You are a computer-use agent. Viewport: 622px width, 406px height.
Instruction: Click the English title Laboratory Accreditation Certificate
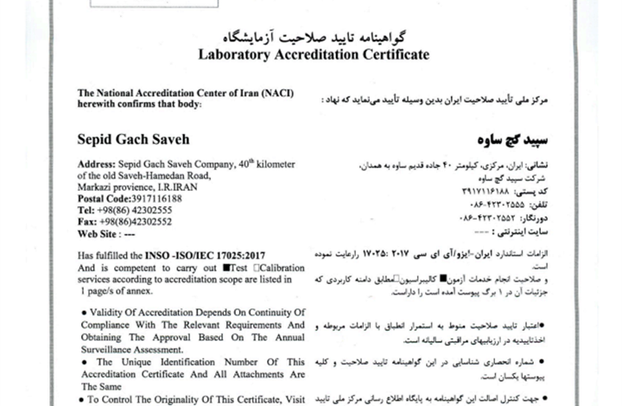(x=313, y=54)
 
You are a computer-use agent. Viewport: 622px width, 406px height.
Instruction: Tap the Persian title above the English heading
(x=313, y=37)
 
